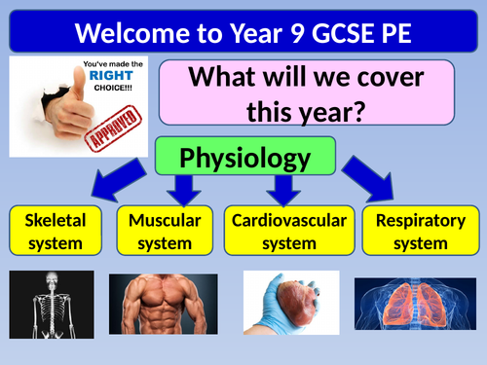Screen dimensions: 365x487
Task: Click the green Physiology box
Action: coord(244,158)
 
